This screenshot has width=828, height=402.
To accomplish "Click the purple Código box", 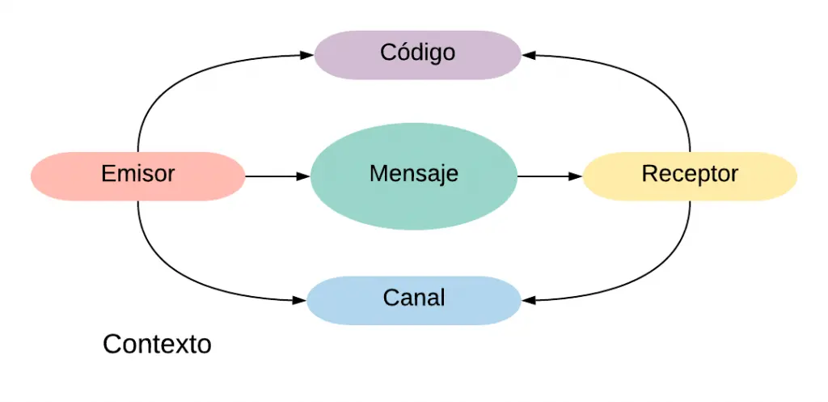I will click(417, 54).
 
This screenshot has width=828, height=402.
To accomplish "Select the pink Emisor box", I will click(137, 176).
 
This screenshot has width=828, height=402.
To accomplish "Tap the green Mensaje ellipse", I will click(413, 176).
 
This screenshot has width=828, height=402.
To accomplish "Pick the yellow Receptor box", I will click(690, 176).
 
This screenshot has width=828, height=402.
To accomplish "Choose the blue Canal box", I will click(413, 300).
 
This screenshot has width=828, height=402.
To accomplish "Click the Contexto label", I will click(157, 345).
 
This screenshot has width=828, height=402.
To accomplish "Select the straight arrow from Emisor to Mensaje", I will click(275, 176).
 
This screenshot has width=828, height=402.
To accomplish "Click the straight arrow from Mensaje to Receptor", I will click(548, 176).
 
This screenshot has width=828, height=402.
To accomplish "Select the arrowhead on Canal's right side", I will click(528, 300).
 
